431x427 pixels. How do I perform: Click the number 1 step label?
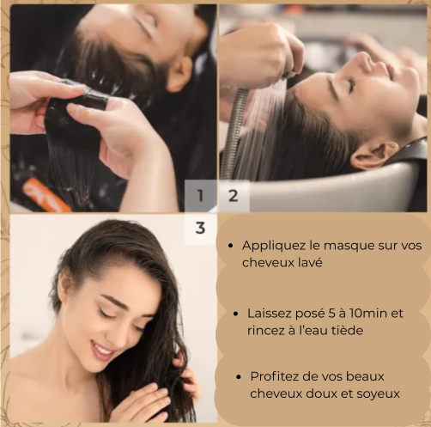click(200, 196)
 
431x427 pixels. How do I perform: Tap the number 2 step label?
click(233, 196)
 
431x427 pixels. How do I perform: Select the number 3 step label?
click(200, 228)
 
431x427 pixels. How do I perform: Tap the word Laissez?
click(269, 314)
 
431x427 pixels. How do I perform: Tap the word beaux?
click(365, 376)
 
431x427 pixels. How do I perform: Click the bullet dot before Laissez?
click(235, 314)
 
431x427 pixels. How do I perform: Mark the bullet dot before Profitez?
click(239, 377)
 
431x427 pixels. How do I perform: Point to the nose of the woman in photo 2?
click(365, 61)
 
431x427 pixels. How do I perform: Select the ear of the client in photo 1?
click(180, 75)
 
